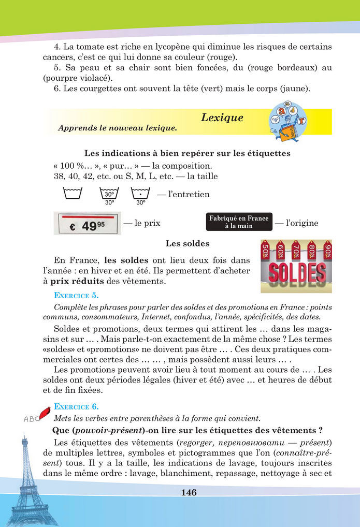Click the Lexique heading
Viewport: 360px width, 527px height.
click(222, 118)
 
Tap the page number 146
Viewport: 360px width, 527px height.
click(189, 492)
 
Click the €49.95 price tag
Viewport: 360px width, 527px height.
click(87, 223)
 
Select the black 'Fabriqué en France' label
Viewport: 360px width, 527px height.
click(239, 222)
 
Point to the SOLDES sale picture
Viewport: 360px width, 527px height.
click(296, 266)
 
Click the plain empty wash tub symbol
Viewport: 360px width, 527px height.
click(72, 194)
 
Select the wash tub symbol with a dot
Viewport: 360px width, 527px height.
click(140, 194)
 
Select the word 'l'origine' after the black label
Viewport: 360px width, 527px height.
click(303, 223)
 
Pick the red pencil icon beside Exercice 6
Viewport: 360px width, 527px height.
click(43, 412)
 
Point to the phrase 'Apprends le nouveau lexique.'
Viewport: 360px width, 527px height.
click(118, 128)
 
